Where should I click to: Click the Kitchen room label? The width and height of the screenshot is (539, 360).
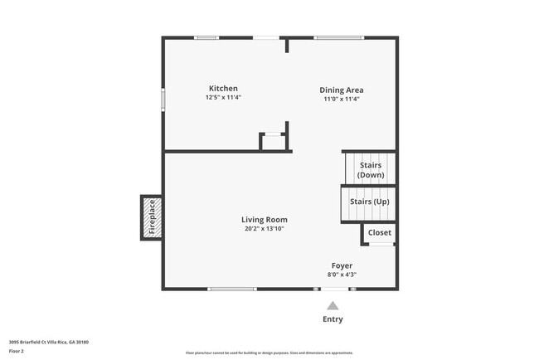click(x=223, y=89)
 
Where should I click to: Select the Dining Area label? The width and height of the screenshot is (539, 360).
click(x=342, y=90)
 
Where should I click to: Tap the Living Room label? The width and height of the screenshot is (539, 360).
click(x=265, y=220)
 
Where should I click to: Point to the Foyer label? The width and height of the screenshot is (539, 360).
click(x=342, y=266)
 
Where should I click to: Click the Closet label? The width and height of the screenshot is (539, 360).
click(x=380, y=233)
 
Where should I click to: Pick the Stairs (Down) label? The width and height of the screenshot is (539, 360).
click(x=371, y=170)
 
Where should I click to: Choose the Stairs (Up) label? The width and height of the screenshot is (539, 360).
click(x=369, y=202)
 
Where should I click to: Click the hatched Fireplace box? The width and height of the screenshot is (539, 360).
click(x=152, y=218)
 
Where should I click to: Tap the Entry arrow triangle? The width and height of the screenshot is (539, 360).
click(x=332, y=305)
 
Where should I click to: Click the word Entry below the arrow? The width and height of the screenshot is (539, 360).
click(x=332, y=319)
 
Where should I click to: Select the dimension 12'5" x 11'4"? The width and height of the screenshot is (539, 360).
click(x=223, y=98)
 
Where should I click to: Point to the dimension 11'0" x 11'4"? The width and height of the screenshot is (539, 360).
click(x=342, y=99)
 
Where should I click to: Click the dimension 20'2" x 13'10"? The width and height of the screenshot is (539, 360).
click(x=265, y=229)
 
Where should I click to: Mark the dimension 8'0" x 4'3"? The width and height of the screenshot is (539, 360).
click(x=342, y=275)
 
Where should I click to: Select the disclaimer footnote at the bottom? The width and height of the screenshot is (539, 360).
click(x=269, y=353)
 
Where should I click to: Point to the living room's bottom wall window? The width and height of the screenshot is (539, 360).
click(x=232, y=289)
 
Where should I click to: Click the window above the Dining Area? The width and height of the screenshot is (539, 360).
click(x=338, y=36)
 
